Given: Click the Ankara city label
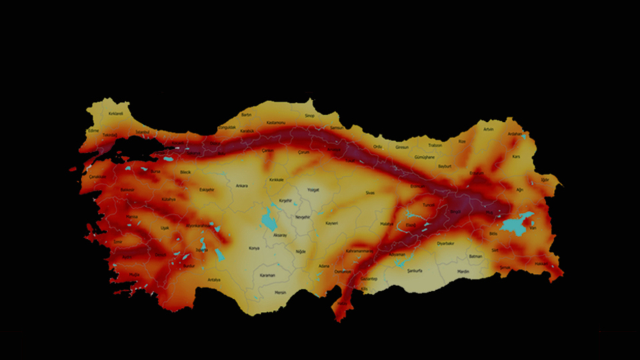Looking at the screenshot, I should [x=241, y=186].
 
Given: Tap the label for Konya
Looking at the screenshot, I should [x=254, y=248].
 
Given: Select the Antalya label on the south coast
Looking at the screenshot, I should [x=213, y=279].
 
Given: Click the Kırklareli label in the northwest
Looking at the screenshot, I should [x=116, y=114].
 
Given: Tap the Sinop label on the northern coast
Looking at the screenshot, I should [x=309, y=115].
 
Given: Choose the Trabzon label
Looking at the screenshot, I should [x=435, y=145].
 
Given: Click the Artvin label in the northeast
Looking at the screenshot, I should [x=489, y=129].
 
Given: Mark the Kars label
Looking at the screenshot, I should [x=515, y=157].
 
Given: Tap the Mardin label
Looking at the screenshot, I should [x=463, y=271].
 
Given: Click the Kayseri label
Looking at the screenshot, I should [x=332, y=223].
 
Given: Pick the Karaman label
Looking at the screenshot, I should [x=267, y=275].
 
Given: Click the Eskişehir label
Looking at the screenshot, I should [x=207, y=189].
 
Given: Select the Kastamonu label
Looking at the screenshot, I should [x=276, y=123].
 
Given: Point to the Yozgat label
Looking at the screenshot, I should [x=313, y=189].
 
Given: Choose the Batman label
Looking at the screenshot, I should [x=475, y=256].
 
